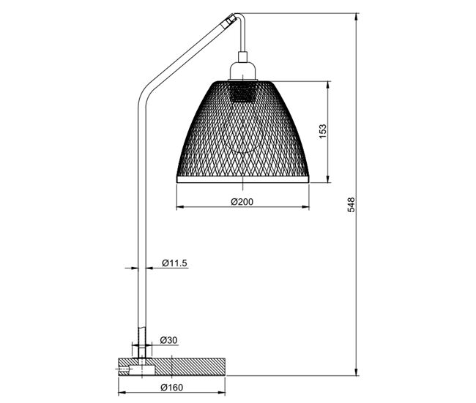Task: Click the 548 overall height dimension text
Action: click(x=351, y=204)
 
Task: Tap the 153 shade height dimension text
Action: click(x=323, y=131)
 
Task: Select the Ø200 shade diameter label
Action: click(x=242, y=202)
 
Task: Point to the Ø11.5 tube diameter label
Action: click(x=174, y=263)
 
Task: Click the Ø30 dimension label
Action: click(x=168, y=340)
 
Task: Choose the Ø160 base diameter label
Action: click(x=172, y=387)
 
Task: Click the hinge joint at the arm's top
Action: click(x=230, y=21)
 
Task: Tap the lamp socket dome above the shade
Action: click(x=242, y=71)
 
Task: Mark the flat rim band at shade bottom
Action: click(x=242, y=179)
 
